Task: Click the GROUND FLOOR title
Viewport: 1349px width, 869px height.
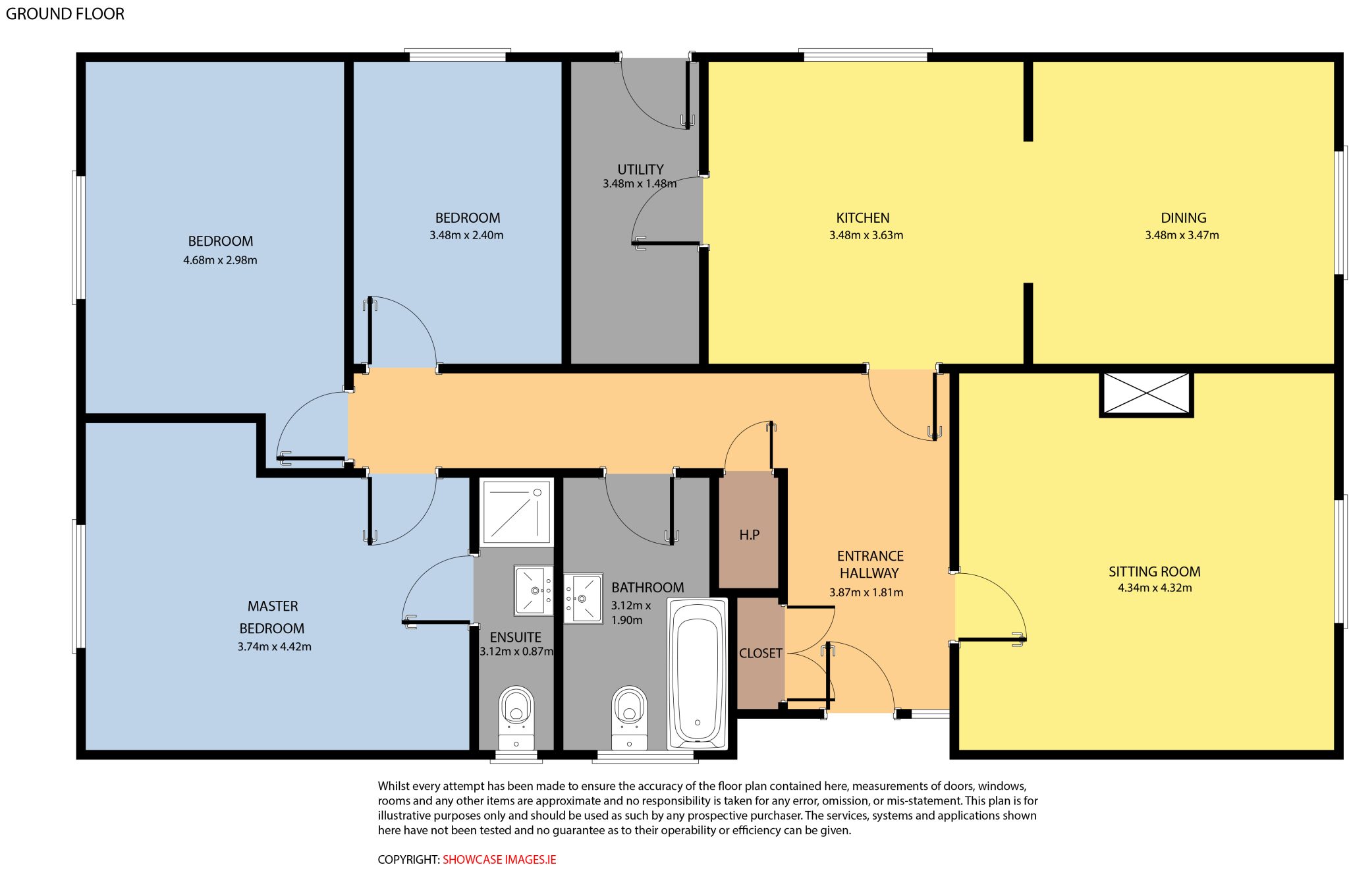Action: [x=65, y=14]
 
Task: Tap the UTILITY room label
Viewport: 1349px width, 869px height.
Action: [x=640, y=169]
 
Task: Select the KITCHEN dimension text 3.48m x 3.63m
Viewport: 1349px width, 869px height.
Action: [x=866, y=235]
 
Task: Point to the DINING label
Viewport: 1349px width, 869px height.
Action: [x=1183, y=217]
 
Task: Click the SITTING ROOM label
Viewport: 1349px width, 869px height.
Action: [x=1154, y=571]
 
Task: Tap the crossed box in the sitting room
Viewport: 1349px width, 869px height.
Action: [x=1146, y=394]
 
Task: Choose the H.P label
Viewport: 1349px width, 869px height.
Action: [x=749, y=535]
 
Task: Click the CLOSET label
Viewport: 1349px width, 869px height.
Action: [x=760, y=653]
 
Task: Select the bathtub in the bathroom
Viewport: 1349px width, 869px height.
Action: [x=698, y=673]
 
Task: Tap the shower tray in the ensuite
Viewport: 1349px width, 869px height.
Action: [x=517, y=513]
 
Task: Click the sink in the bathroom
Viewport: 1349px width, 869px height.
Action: [x=583, y=598]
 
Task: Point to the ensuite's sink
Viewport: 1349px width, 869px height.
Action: [x=534, y=590]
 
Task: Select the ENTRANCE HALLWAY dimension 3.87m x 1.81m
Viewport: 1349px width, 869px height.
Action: [x=866, y=592]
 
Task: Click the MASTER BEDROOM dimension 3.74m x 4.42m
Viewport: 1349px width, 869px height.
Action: [x=274, y=647]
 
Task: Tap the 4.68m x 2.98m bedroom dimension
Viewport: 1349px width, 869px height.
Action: [x=220, y=260]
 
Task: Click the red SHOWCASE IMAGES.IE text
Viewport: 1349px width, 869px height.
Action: [x=499, y=859]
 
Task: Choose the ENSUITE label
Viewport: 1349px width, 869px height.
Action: [x=515, y=637]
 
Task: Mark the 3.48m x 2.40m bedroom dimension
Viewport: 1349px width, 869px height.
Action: [x=466, y=235]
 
